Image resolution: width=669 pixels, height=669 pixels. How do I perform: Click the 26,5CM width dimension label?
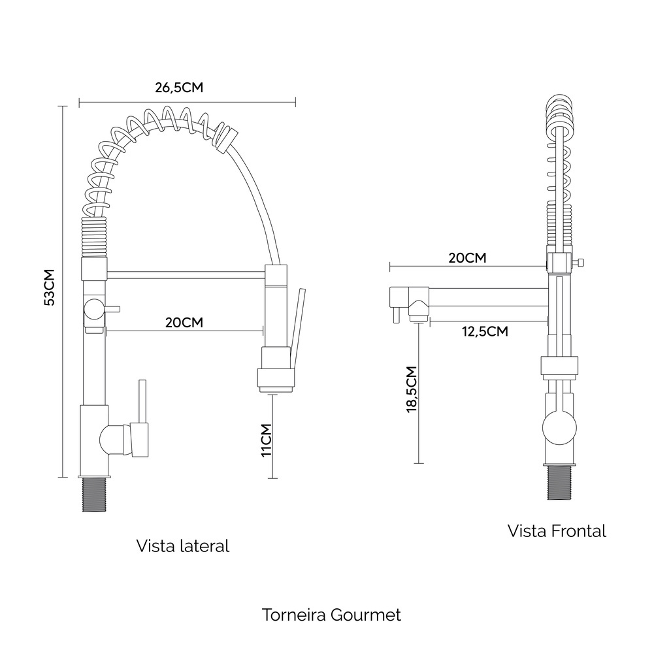point(179,88)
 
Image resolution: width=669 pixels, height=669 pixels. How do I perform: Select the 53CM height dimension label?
point(50,287)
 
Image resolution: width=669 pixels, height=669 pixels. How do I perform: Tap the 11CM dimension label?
point(267,440)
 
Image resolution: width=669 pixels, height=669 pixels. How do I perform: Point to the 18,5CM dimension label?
point(412,389)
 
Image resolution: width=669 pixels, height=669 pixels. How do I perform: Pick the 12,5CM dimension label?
point(485,331)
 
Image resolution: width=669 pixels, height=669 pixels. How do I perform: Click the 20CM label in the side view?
point(184,323)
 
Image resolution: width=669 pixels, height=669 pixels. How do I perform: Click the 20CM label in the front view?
point(467,258)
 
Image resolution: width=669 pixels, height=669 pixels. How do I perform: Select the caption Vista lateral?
point(183,546)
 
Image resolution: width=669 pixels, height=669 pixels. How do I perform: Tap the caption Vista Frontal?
point(557,531)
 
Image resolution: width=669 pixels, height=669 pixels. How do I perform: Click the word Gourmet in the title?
point(366,615)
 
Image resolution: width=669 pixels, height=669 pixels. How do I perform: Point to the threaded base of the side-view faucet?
point(94,495)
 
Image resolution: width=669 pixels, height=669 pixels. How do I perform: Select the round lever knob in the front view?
point(559,428)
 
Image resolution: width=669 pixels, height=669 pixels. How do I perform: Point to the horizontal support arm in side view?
point(186,274)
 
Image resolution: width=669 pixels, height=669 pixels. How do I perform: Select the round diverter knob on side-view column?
point(94,309)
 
